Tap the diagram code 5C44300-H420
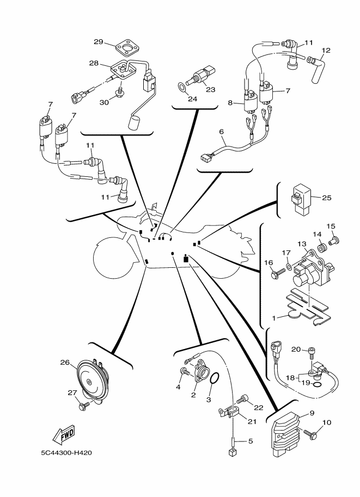pyautogui.click(x=66, y=452)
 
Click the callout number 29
pyautogui.click(x=99, y=41)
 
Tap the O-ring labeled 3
pyautogui.click(x=215, y=378)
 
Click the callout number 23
pyautogui.click(x=211, y=89)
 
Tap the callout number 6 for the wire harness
pyautogui.click(x=222, y=132)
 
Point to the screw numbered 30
pyautogui.click(x=120, y=91)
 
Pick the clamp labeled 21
pyautogui.click(x=230, y=412)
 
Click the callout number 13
pyautogui.click(x=302, y=244)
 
